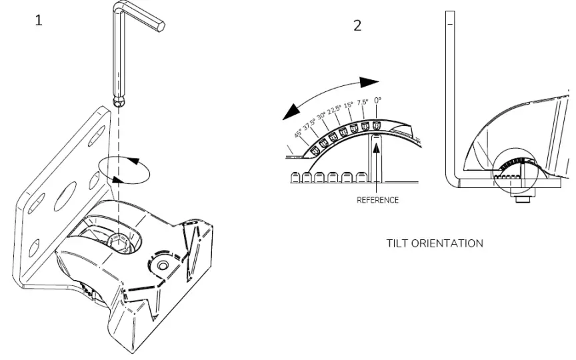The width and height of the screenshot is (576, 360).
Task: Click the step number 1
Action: pos(39,21)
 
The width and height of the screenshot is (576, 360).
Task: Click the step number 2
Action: pos(358,27)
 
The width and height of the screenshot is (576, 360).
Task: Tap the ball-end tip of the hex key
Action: pos(119,101)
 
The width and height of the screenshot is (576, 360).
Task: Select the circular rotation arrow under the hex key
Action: pos(123,170)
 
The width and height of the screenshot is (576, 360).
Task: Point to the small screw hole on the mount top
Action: pos(161,265)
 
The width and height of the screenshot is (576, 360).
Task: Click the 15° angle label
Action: pos(349,107)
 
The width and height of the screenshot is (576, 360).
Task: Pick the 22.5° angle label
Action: pos(335,111)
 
